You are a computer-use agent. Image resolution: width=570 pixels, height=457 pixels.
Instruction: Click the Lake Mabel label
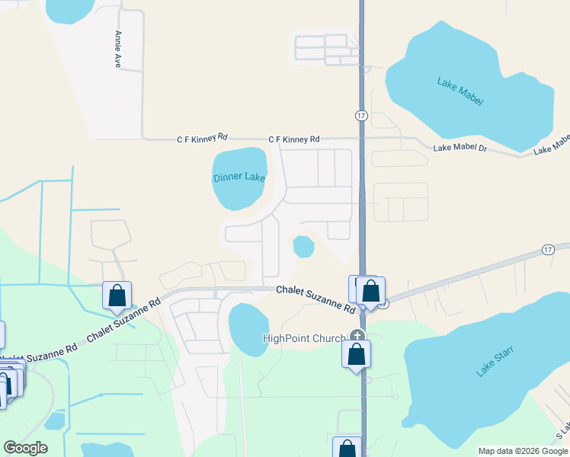(460, 91)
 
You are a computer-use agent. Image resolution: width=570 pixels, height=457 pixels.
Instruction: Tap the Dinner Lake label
(239, 177)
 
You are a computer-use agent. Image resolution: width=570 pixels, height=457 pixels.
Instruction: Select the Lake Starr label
(495, 360)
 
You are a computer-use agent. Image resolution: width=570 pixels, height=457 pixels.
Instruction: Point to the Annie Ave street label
(118, 50)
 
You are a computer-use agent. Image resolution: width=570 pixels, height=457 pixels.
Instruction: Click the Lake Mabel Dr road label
(459, 147)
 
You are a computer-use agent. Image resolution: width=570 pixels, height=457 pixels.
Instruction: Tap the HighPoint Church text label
(304, 339)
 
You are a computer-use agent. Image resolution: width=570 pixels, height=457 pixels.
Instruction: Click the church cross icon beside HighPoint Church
(357, 334)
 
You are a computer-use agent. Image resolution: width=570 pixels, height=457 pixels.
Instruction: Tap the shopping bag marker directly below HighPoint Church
(357, 354)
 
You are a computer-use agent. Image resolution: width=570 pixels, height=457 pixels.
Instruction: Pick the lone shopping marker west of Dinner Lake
(117, 296)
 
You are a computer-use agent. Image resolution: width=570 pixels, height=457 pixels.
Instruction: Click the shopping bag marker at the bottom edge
(347, 449)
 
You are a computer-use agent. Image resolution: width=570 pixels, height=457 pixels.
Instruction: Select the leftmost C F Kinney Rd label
(203, 138)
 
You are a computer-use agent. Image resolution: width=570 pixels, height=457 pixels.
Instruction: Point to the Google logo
(25, 448)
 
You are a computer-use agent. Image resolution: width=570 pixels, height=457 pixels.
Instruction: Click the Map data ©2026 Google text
(523, 451)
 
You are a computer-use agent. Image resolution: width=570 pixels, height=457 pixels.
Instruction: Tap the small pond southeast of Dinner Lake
(303, 246)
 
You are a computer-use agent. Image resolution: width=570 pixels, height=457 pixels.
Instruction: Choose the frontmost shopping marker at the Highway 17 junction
(371, 291)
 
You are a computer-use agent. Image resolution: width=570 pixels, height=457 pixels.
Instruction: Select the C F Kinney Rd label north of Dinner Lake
(294, 139)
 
